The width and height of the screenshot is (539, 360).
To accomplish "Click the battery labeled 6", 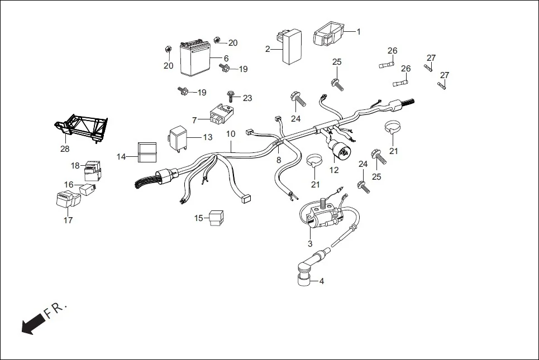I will [x=194, y=59].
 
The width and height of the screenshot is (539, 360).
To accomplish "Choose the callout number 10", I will [x=231, y=135].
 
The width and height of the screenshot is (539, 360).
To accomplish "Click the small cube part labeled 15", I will [x=216, y=218].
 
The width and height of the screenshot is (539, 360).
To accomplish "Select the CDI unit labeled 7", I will [x=220, y=115].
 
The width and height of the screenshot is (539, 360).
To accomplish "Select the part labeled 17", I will [x=65, y=200].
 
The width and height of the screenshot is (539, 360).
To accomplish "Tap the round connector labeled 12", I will [x=338, y=148].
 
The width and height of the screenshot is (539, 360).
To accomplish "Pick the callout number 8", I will [x=278, y=160].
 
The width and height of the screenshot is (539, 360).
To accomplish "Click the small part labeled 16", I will [x=88, y=189].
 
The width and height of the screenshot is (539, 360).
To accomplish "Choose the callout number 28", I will [x=65, y=149].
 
